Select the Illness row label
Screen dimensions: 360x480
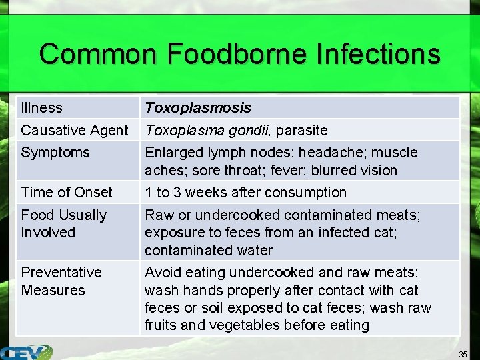coord(41,108)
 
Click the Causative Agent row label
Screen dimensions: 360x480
coord(74,130)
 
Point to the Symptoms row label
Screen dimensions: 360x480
coord(55,152)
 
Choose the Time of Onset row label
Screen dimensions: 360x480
coord(67,193)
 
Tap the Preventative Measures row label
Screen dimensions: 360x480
coord(61,281)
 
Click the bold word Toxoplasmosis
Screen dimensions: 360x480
coord(198,108)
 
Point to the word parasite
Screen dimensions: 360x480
coord(302,130)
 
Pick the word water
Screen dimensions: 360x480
coord(252,250)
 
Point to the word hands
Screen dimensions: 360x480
coord(198,290)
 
